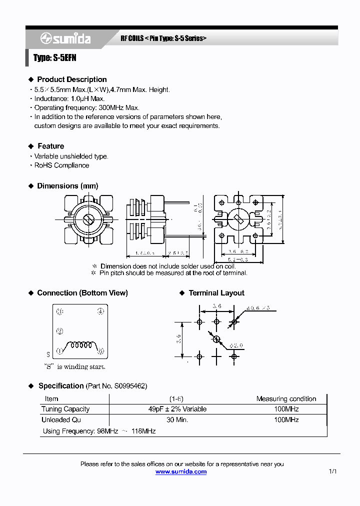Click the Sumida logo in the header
click(65, 38)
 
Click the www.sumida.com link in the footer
click(180, 471)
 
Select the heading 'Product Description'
click(71, 79)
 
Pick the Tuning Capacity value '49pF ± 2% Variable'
click(177, 409)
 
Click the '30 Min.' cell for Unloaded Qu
click(177, 420)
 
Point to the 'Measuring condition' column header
click(286, 399)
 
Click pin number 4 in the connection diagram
click(100, 311)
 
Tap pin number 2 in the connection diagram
click(59, 331)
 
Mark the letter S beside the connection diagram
click(48, 354)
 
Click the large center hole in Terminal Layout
click(216, 339)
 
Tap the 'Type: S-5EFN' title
click(54, 58)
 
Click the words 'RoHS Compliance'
click(61, 165)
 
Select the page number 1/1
click(333, 471)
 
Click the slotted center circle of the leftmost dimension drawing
click(89, 219)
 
